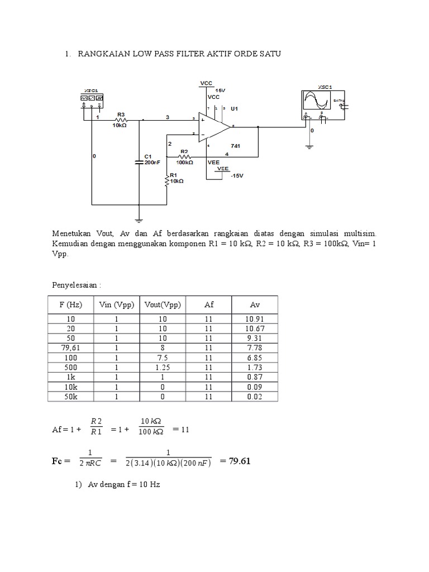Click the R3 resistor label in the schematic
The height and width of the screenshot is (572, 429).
121,114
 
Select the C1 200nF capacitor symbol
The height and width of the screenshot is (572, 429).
140,160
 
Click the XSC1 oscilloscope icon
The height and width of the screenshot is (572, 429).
317,101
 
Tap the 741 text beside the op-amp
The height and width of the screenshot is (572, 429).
235,145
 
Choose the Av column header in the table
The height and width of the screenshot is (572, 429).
254,305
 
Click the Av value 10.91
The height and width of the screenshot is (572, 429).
254,319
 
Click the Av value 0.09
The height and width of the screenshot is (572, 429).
254,386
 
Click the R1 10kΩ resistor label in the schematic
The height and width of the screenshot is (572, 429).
177,178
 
